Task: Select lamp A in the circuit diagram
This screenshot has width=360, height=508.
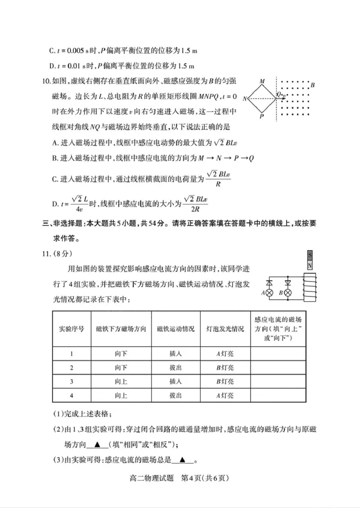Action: (x=270, y=293)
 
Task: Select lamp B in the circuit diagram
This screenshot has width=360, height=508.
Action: (x=288, y=293)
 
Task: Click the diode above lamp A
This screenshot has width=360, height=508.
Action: (x=270, y=283)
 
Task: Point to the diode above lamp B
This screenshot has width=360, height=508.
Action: (x=288, y=283)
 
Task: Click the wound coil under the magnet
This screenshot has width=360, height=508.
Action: (x=309, y=287)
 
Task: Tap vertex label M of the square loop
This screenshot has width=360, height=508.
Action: (x=262, y=81)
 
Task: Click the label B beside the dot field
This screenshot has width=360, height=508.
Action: (x=312, y=85)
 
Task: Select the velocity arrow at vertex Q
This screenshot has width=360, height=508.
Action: (x=283, y=98)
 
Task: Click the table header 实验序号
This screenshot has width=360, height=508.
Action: (x=72, y=329)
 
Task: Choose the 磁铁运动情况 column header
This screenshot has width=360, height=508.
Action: (x=175, y=329)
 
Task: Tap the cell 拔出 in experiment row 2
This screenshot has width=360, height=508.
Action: (x=175, y=368)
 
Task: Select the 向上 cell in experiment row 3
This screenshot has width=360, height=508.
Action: (x=121, y=382)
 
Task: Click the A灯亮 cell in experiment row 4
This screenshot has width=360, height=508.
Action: (x=225, y=396)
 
